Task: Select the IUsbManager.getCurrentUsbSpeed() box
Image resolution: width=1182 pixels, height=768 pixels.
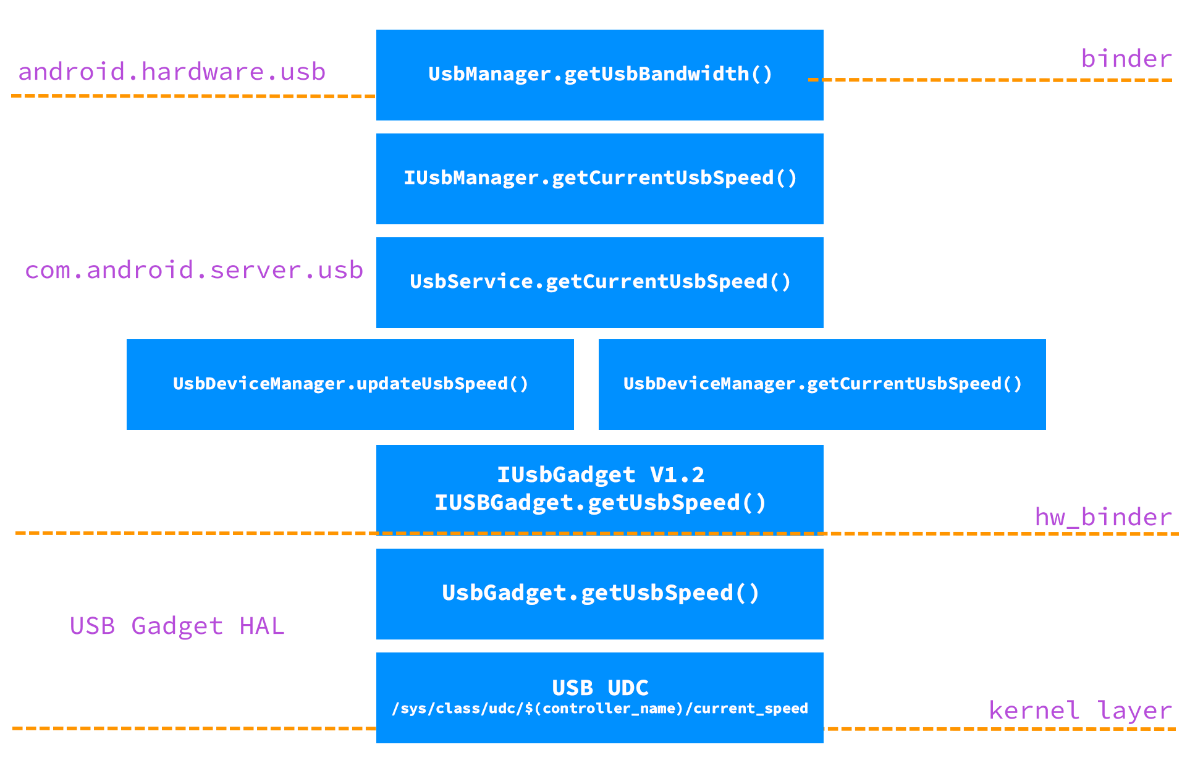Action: pos(599,179)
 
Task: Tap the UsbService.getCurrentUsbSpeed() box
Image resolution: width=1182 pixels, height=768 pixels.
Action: pos(599,282)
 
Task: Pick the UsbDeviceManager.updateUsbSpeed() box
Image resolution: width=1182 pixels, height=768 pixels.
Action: pos(350,384)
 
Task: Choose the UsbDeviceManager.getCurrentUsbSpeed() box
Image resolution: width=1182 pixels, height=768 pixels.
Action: pos(822,384)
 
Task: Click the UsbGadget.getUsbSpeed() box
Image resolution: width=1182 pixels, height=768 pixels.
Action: pos(599,593)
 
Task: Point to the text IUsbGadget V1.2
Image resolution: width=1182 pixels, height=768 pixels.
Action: pos(600,475)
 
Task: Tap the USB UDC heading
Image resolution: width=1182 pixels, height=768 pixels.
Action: pos(600,688)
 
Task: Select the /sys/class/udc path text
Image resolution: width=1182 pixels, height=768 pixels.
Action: pos(600,709)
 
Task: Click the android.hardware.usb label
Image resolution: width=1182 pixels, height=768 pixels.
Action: pos(172,72)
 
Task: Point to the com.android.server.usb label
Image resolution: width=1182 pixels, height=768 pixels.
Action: pos(193,270)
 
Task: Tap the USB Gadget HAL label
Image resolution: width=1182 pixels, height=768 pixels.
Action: pos(177,626)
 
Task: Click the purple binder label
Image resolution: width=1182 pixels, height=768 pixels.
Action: pos(1126,59)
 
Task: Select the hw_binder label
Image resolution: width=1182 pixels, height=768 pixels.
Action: pos(1103,517)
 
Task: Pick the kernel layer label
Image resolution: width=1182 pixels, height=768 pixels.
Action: pos(1080,710)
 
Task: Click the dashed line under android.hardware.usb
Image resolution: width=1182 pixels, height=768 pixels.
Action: pos(192,96)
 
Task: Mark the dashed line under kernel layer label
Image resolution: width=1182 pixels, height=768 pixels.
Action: pos(1001,729)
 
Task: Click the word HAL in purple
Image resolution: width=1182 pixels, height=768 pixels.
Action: pos(261,626)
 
